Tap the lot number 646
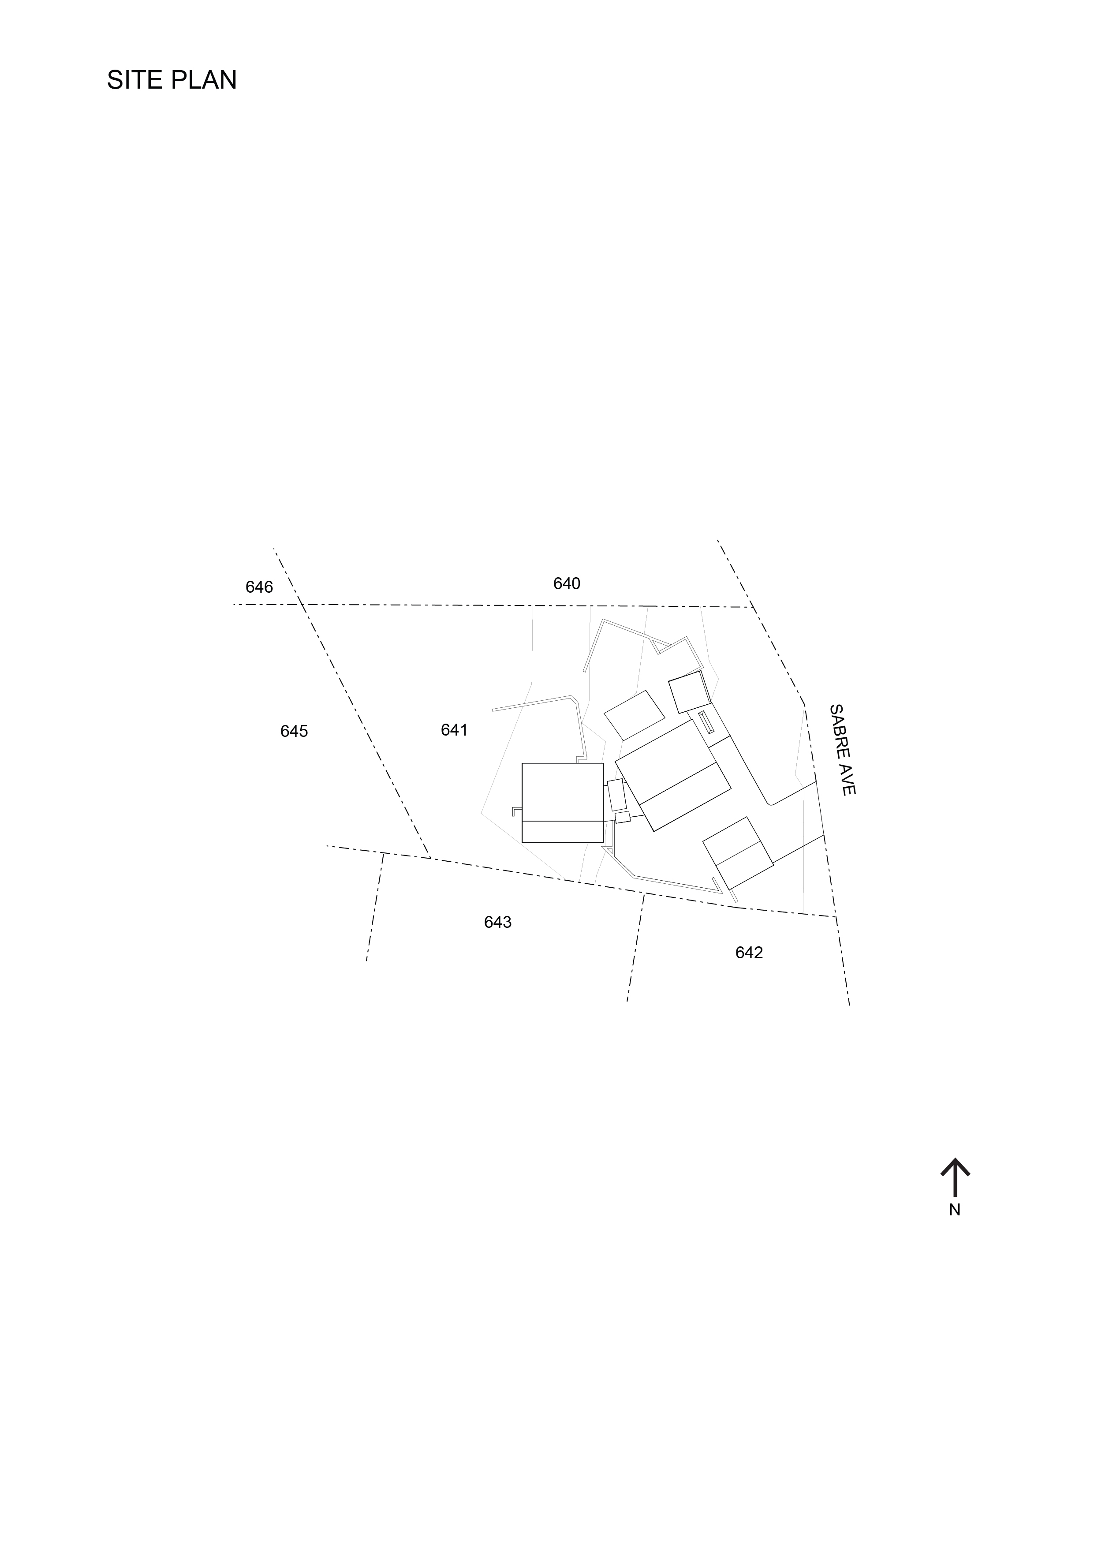(x=259, y=587)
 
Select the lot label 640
(x=567, y=583)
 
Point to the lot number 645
(x=294, y=731)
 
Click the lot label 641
(x=454, y=730)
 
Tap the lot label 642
(x=748, y=953)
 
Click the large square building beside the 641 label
(x=563, y=802)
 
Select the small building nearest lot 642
(x=738, y=853)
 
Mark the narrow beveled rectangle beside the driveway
(x=706, y=723)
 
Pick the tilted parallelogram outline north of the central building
(x=634, y=715)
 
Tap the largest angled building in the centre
(x=673, y=775)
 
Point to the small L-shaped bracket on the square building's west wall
(x=516, y=811)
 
